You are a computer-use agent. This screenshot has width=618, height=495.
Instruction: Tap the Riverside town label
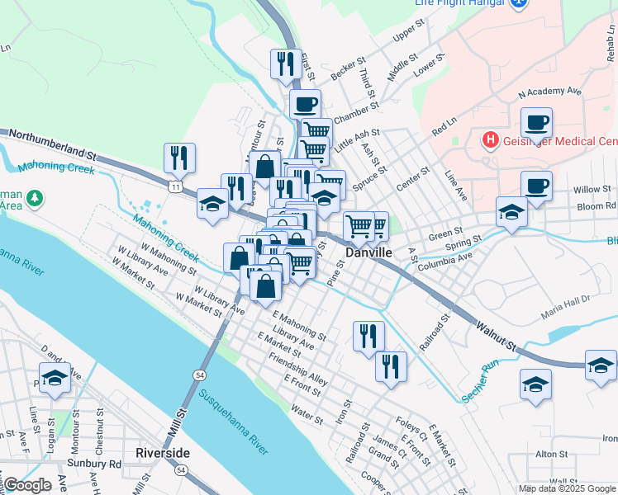[x=163, y=453]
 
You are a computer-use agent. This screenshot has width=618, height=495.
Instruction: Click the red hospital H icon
[x=491, y=139]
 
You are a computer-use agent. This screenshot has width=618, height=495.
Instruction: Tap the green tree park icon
[x=35, y=198]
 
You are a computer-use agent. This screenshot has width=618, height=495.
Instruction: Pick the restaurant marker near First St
[x=285, y=64]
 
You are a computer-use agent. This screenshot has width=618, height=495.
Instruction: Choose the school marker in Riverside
[x=55, y=379]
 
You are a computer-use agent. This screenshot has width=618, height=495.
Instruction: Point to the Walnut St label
[x=495, y=336]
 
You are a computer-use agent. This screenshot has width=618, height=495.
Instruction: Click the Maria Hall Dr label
[x=566, y=308]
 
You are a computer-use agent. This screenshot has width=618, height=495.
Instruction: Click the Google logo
[x=27, y=485]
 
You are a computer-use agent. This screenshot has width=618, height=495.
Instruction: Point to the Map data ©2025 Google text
[x=568, y=488]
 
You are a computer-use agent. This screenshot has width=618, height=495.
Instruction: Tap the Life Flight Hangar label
[x=459, y=3]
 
